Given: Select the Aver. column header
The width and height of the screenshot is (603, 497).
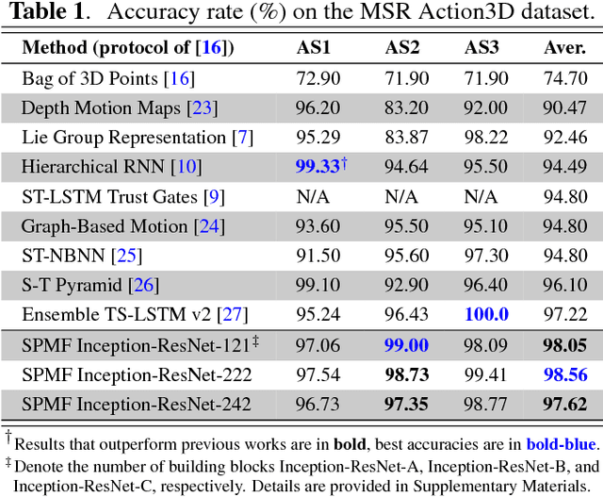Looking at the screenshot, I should [x=564, y=48].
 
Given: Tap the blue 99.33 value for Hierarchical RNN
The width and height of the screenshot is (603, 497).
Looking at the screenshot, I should [x=317, y=168].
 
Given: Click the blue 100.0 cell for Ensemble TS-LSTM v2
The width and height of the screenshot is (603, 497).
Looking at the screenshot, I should [x=483, y=315].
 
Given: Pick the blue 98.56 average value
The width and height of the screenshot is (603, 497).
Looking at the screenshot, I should [x=564, y=375].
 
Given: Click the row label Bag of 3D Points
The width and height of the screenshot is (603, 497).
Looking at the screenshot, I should [x=89, y=78].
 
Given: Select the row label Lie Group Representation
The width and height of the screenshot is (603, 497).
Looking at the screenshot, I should [x=127, y=138].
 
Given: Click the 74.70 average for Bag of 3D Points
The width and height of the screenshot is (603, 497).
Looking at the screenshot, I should [x=564, y=78].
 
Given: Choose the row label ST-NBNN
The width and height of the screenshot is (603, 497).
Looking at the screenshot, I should [x=62, y=257].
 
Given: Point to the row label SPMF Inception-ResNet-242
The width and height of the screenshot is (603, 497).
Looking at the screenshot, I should [x=137, y=406].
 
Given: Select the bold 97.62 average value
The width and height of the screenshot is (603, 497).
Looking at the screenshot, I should [x=564, y=406].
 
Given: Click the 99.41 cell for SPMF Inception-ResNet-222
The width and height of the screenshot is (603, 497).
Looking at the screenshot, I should [x=483, y=375].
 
